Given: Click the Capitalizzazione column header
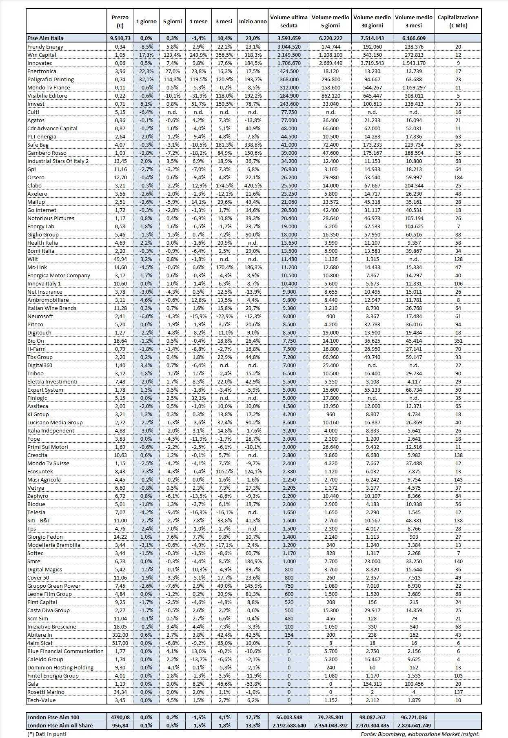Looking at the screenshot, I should (x=458, y=21).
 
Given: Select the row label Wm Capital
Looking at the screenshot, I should (x=42, y=55).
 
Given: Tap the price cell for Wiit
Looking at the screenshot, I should (x=120, y=259).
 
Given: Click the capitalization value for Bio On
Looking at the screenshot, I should (x=458, y=341).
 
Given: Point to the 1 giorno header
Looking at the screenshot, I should (x=146, y=21).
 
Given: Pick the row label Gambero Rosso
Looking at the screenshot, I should (x=47, y=153).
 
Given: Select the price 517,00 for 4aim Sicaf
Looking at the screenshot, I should (x=120, y=643).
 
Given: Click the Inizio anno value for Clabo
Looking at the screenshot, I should (x=253, y=185).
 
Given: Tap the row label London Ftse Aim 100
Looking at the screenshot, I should (x=53, y=717).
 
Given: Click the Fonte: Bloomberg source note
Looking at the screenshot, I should (x=420, y=734).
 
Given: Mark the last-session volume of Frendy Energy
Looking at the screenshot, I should (x=289, y=47).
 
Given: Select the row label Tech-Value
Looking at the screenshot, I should (x=42, y=700).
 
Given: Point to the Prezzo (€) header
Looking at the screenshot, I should (x=120, y=21).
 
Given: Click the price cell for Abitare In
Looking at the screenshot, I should (x=120, y=635).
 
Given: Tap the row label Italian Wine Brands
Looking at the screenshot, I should (x=52, y=308).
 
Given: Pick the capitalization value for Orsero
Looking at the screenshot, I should (x=458, y=177).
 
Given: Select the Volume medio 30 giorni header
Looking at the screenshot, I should (x=372, y=21).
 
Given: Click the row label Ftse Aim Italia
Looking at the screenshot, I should (x=45, y=38).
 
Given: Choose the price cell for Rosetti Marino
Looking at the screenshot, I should (x=120, y=692).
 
